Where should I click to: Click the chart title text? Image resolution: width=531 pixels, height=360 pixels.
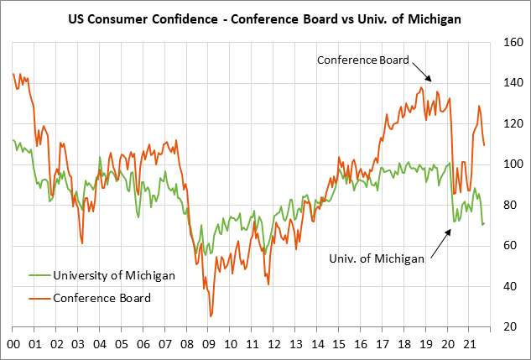click(x=265, y=16)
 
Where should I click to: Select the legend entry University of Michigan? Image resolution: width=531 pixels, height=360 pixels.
click(x=112, y=275)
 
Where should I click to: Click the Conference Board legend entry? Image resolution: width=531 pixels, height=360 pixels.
click(x=102, y=298)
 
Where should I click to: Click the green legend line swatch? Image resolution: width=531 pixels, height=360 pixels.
click(x=39, y=275)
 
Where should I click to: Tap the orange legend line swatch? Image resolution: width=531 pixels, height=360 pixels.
click(x=39, y=298)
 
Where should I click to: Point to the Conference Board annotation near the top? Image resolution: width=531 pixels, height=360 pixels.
click(x=362, y=60)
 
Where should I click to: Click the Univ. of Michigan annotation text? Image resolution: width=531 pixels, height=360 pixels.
click(x=376, y=258)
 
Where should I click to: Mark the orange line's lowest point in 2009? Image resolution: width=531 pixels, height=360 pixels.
click(x=211, y=316)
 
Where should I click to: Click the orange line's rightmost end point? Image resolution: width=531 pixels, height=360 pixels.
click(x=485, y=145)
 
